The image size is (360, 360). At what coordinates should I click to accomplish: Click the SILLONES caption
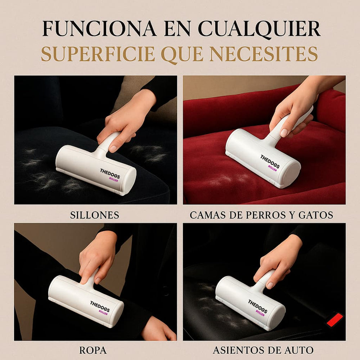click(x=95, y=215)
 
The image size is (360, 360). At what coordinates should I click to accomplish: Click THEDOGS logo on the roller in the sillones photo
click(x=110, y=173)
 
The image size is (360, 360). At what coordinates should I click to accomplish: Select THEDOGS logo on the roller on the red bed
click(x=270, y=160)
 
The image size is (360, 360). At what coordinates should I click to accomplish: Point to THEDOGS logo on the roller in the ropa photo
click(x=100, y=306)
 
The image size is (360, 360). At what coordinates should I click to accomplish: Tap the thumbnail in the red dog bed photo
click(x=284, y=132)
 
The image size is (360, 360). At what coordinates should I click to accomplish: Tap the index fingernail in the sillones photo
click(x=113, y=148)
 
